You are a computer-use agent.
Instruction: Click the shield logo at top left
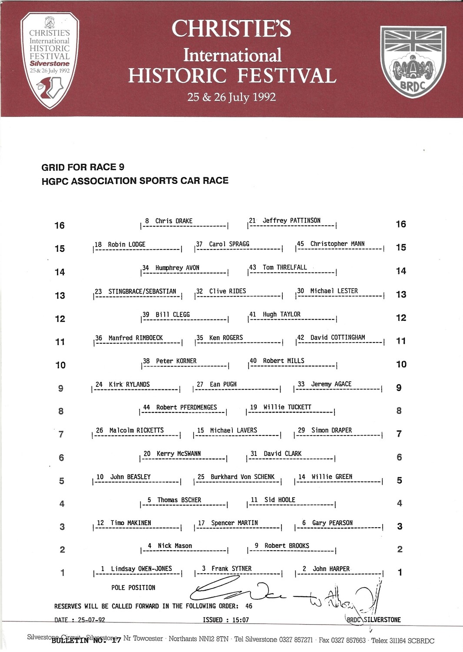click(50, 60)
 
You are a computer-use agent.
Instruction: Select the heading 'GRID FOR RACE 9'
click(83, 167)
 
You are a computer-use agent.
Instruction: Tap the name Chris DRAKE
click(174, 221)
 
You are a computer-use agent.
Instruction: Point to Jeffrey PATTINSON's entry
click(291, 220)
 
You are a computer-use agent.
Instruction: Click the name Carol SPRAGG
click(229, 244)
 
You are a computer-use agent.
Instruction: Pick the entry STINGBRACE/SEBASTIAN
click(142, 291)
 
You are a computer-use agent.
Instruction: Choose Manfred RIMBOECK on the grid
click(136, 338)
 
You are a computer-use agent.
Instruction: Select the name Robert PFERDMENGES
click(186, 407)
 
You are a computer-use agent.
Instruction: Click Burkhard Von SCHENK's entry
click(242, 477)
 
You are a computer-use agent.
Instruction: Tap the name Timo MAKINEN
click(131, 523)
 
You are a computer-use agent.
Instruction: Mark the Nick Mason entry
click(175, 546)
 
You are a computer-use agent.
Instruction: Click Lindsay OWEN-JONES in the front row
click(141, 569)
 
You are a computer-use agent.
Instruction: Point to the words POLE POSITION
click(133, 588)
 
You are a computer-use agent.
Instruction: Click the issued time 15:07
click(241, 620)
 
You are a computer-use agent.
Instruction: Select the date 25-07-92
click(91, 620)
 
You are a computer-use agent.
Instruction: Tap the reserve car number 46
click(248, 606)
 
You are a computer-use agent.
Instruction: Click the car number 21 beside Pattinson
click(252, 220)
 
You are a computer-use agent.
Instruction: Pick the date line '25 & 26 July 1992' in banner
click(231, 97)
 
